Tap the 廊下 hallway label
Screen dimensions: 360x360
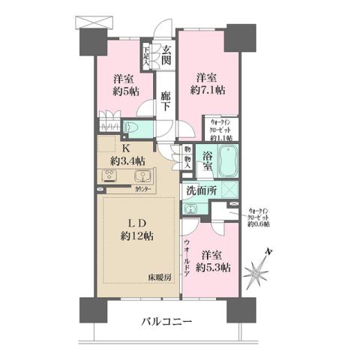[167, 102]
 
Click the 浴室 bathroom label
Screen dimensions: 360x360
[209, 157]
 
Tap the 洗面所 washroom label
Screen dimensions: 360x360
[202, 191]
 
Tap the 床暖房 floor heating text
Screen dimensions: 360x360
[159, 278]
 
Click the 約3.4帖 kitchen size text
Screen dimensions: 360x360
[127, 160]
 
